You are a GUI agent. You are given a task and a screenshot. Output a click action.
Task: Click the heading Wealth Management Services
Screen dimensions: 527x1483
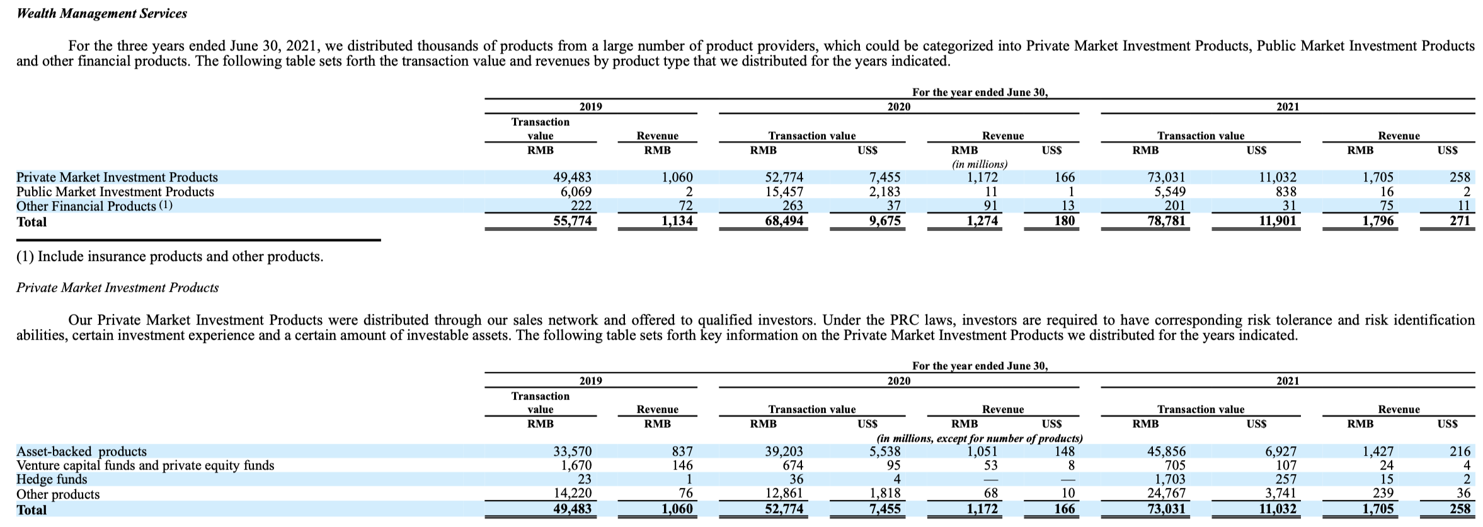tap(101, 13)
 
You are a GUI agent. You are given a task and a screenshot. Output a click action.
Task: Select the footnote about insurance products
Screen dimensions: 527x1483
tap(169, 257)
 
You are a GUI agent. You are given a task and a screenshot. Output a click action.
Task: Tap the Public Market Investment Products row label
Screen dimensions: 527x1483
tap(115, 192)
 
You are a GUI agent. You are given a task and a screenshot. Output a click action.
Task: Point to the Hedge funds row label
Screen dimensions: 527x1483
tap(52, 480)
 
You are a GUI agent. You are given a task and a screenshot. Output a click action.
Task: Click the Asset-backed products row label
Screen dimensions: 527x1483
tap(81, 451)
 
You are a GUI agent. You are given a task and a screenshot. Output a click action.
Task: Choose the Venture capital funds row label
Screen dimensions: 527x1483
tap(145, 465)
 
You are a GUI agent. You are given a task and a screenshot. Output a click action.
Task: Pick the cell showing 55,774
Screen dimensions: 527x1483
tap(572, 221)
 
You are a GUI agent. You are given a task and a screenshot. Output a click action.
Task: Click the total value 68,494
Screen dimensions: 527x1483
tap(784, 221)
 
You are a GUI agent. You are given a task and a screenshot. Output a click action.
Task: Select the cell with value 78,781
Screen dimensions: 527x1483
tap(1165, 221)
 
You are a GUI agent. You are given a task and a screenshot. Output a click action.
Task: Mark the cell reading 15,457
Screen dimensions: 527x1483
tap(784, 192)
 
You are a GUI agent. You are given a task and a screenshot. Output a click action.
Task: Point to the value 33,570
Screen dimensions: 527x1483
tap(572, 451)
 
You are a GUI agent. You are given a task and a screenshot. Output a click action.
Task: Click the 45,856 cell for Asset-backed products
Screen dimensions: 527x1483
tap(1165, 451)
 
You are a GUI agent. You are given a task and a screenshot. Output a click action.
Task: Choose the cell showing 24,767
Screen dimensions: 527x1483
tap(1165, 494)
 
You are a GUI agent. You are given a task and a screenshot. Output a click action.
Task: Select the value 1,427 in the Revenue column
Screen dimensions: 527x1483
tap(1378, 451)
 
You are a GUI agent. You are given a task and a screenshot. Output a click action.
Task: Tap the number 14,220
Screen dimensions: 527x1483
tap(572, 494)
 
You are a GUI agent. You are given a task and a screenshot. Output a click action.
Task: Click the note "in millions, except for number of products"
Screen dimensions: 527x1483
tap(979, 438)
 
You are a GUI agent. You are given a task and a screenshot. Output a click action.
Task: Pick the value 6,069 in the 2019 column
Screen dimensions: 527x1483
tap(576, 192)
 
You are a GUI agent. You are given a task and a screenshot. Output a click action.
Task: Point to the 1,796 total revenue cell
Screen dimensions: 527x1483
tap(1378, 221)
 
